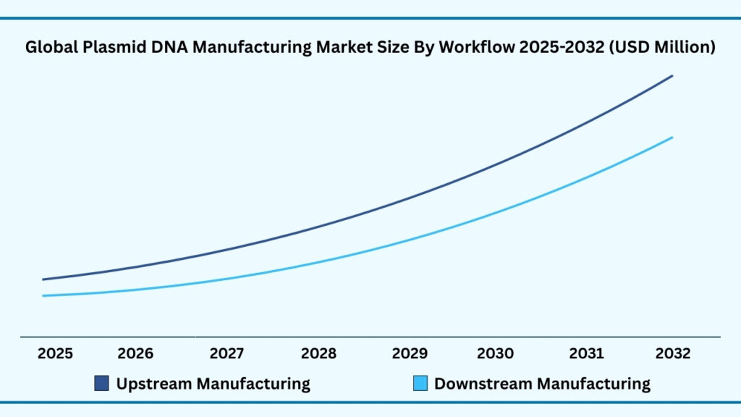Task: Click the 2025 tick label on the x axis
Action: pyautogui.click(x=55, y=354)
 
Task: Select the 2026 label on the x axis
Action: pyautogui.click(x=135, y=354)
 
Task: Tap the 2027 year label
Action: pyautogui.click(x=227, y=354)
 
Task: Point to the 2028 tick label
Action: pyautogui.click(x=318, y=354)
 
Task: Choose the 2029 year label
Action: pyautogui.click(x=410, y=354)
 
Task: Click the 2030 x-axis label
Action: pyautogui.click(x=496, y=354)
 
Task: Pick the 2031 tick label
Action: pyautogui.click(x=586, y=354)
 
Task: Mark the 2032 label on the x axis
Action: pyautogui.click(x=673, y=354)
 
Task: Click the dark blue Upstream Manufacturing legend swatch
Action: pyautogui.click(x=102, y=384)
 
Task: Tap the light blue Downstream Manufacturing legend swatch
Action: pyautogui.click(x=420, y=384)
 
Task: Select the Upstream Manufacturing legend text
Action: pyautogui.click(x=213, y=384)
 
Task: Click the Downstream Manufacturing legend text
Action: pyautogui.click(x=542, y=384)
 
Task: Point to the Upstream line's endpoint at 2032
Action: pyautogui.click(x=673, y=75)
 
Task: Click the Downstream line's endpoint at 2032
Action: pyautogui.click(x=673, y=138)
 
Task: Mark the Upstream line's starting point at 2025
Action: pyautogui.click(x=43, y=279)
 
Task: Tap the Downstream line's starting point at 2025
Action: pyautogui.click(x=43, y=295)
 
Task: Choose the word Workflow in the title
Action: pyautogui.click(x=475, y=48)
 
